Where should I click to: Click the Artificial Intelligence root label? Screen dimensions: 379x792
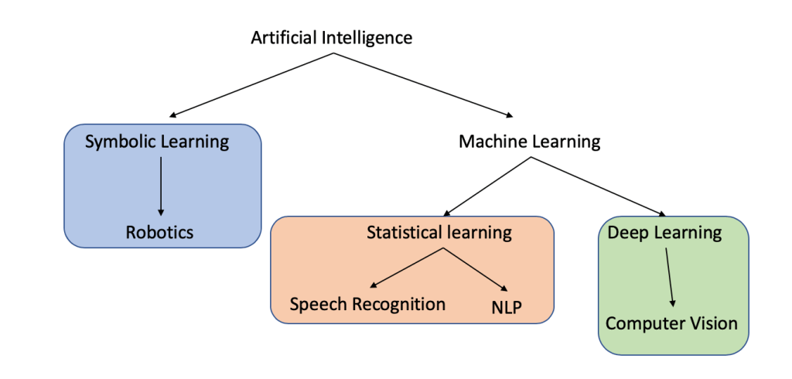point(332,37)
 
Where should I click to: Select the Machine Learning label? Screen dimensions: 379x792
point(529,142)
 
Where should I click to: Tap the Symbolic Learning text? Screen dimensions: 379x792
point(157,142)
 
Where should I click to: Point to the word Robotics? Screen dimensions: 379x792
point(160,232)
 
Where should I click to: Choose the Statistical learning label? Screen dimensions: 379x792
point(439,232)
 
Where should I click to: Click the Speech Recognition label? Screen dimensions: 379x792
point(367,304)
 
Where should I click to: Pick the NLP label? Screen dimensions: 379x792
point(507,307)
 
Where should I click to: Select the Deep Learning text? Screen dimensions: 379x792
point(664,232)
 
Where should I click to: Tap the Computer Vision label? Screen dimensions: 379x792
point(671,323)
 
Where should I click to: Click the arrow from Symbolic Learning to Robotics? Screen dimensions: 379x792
point(161,186)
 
